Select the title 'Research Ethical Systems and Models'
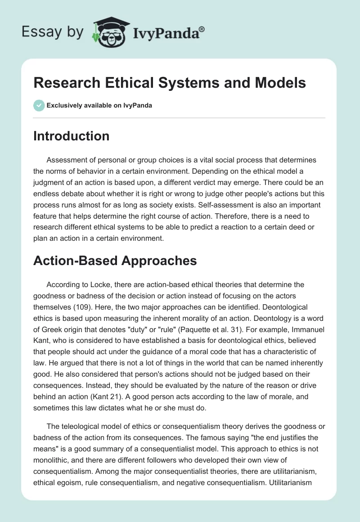[x=170, y=83]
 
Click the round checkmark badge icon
[x=39, y=106]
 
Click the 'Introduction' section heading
[x=71, y=136]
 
